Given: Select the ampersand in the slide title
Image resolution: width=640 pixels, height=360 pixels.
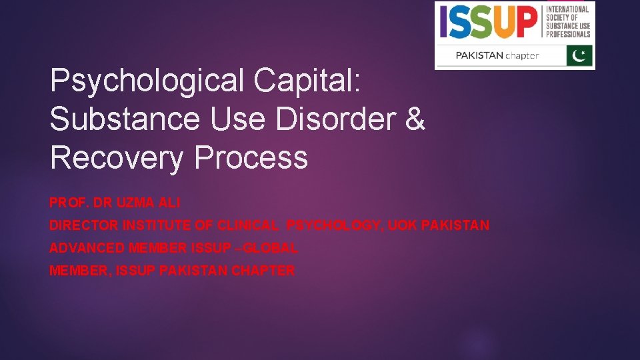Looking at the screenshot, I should point(413,119).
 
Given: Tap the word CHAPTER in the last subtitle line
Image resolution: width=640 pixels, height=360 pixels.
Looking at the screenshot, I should point(263,271).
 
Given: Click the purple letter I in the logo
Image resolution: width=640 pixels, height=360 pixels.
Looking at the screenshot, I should point(443,22).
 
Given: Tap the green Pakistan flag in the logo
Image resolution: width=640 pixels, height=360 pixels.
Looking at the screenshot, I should point(579,55).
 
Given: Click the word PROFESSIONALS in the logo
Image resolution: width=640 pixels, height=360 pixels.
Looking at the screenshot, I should point(568,35).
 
